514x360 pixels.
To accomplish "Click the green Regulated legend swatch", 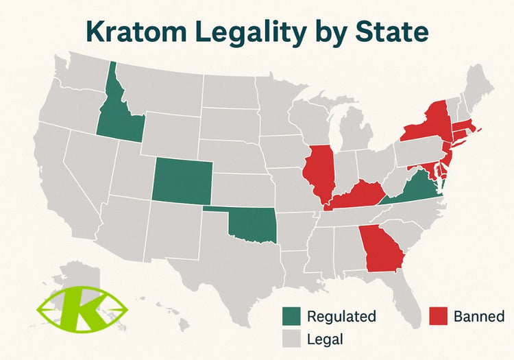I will [292, 317].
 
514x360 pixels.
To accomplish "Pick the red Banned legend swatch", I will [439, 317].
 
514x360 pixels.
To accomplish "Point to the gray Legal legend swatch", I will [292, 338].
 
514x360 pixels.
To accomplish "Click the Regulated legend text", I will [341, 317].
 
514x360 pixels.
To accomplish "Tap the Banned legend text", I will [479, 317].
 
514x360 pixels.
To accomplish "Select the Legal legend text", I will [326, 338].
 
